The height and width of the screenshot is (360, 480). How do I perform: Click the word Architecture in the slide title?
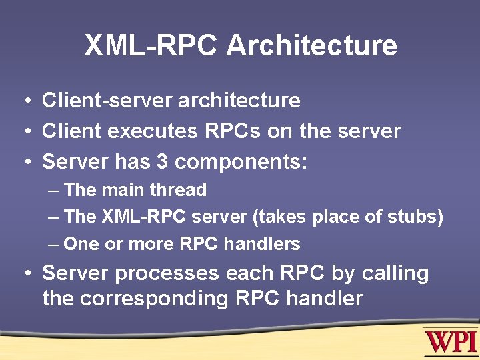pyautogui.click(x=311, y=46)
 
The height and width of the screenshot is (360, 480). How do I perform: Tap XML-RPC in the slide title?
pyautogui.click(x=151, y=46)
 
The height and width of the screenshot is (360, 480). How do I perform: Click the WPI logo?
pyautogui.click(x=450, y=342)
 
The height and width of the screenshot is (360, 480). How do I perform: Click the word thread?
pyautogui.click(x=178, y=190)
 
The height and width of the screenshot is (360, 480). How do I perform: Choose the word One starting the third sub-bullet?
pyautogui.click(x=81, y=244)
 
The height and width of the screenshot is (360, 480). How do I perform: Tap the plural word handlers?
pyautogui.click(x=262, y=244)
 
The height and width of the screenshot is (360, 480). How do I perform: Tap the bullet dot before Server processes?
pyautogui.click(x=24, y=274)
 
